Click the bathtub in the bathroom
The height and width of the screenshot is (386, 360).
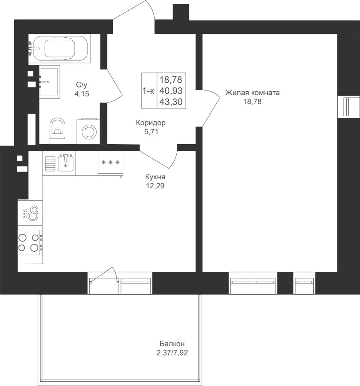coord(59,49)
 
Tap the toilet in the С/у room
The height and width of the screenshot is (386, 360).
coord(57,131)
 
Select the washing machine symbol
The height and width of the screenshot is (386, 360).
coord(89,132)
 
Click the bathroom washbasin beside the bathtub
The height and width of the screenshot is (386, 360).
coord(49,82)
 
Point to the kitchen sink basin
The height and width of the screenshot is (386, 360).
coord(66,163)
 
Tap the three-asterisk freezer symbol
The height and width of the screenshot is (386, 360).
coord(110,163)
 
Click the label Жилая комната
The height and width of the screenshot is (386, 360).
coord(252,93)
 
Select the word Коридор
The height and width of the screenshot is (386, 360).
coord(151,123)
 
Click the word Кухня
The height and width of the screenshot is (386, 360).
coord(155,177)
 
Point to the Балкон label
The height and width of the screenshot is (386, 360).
coord(172,344)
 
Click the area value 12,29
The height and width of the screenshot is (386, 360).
coord(155,186)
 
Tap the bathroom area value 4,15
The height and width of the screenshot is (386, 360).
coord(82,94)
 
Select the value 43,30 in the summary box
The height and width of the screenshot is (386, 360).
coord(171,102)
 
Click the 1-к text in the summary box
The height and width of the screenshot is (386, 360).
coord(148,91)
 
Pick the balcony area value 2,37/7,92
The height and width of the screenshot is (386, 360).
coord(172,353)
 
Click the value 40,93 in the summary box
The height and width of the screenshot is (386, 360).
coord(171,91)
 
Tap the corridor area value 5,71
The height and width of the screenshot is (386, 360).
coord(151,132)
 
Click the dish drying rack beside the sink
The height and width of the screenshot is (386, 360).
coord(50,163)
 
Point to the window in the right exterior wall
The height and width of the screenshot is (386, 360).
coord(349,107)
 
